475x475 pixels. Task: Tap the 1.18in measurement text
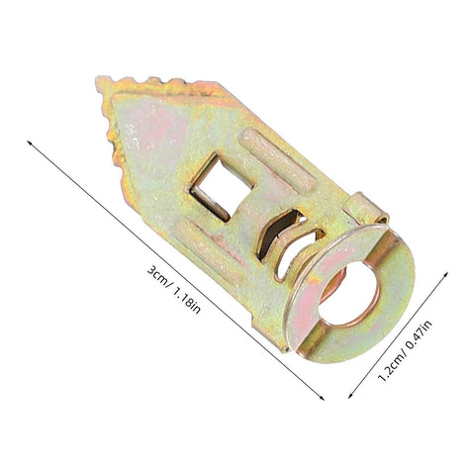click(187, 301)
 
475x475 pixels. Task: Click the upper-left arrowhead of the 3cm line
click(29, 142)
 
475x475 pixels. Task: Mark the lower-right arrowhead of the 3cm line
click(322, 398)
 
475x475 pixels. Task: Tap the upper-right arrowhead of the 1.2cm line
click(445, 274)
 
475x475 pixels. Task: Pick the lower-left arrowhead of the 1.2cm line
click(350, 396)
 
